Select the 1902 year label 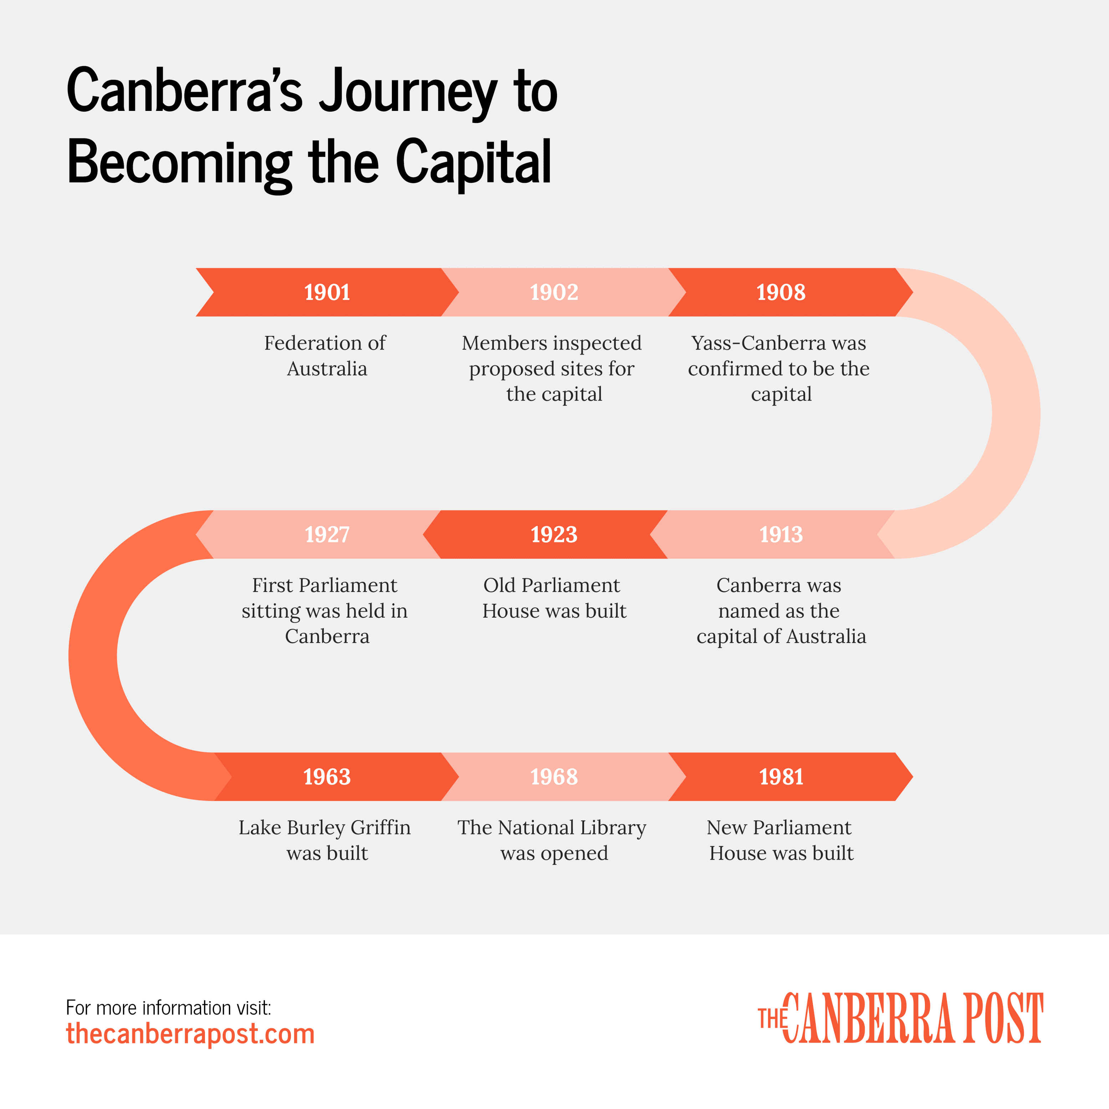[x=554, y=292]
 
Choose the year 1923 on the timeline [x=554, y=535]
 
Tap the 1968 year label [x=554, y=777]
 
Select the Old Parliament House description [x=553, y=598]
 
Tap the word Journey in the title [x=408, y=92]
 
